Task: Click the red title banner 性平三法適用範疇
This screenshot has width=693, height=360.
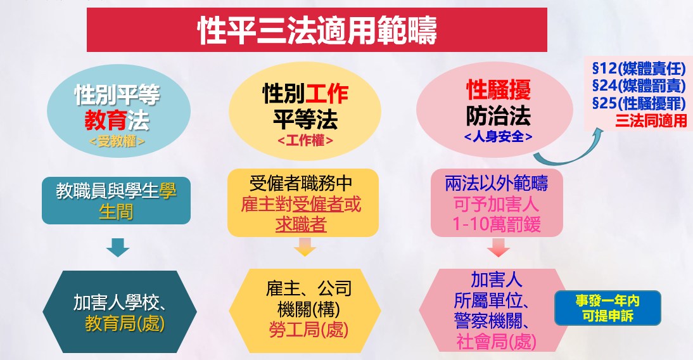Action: [317, 30]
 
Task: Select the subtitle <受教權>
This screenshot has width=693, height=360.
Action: [117, 141]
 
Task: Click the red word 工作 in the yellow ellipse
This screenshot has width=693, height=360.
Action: [327, 93]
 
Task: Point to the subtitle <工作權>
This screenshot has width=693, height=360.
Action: [305, 141]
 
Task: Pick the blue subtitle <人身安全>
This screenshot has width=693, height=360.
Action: [498, 136]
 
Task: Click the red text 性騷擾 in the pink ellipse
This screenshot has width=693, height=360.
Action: [499, 90]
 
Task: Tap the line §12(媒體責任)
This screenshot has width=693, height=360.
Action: [639, 68]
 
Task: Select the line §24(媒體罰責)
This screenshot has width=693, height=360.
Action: [639, 86]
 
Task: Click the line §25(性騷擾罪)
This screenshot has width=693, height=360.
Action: [639, 103]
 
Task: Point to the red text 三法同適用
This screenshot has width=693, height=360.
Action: [651, 120]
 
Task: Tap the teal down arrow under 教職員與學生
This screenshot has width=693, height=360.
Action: [118, 247]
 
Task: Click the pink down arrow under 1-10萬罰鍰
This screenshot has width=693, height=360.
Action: [499, 247]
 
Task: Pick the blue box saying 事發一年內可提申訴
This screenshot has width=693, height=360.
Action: [607, 308]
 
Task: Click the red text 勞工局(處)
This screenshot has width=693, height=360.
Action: [308, 330]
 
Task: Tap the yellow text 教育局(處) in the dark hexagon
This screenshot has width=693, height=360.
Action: [125, 323]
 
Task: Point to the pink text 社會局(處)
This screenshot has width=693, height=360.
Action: [496, 342]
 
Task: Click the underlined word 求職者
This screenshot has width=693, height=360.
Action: [301, 224]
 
